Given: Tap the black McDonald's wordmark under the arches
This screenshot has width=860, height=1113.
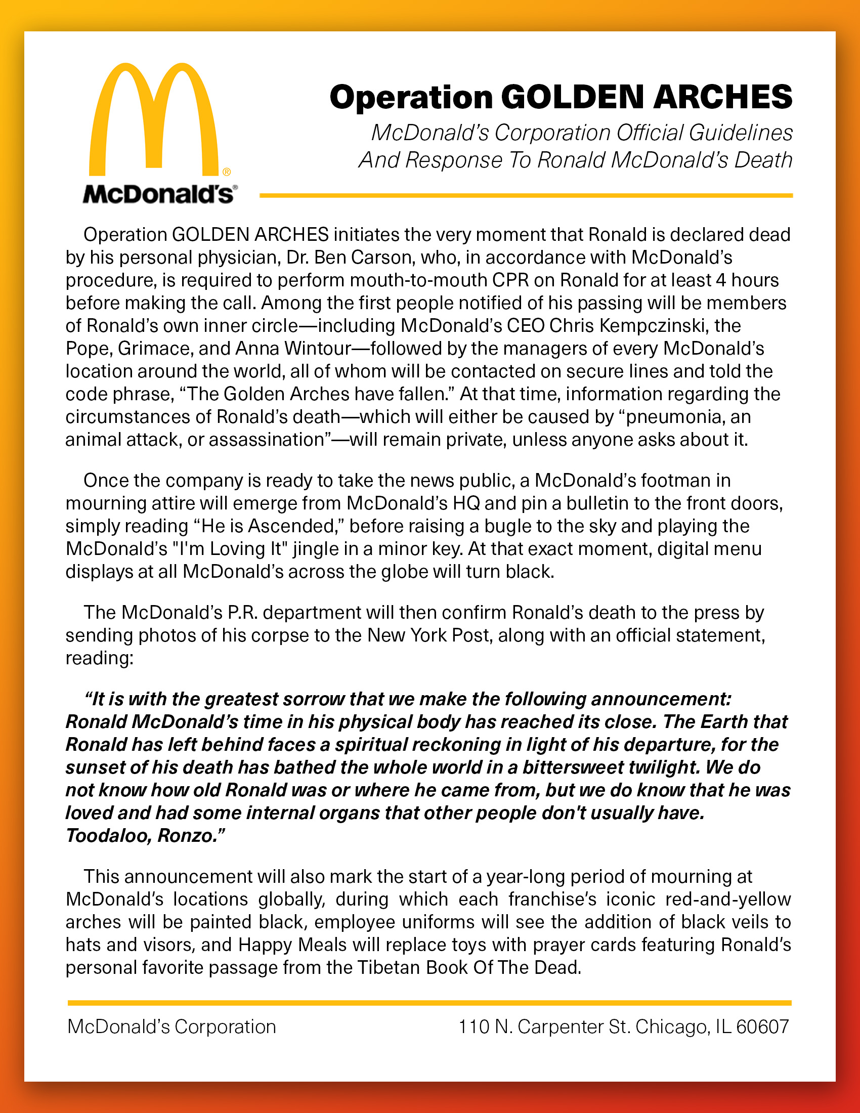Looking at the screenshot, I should (158, 194).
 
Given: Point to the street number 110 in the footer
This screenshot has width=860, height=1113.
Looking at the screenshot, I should (474, 1027).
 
